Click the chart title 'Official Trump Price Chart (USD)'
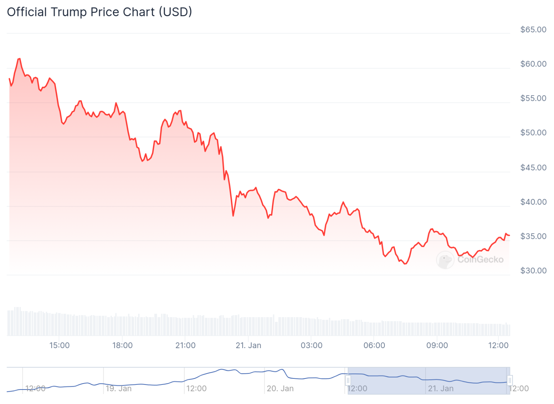pyautogui.click(x=100, y=12)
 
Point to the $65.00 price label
pyautogui.click(x=533, y=30)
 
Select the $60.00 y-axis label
pyautogui.click(x=533, y=64)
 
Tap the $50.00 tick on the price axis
pyautogui.click(x=533, y=133)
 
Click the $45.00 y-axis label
pyautogui.click(x=533, y=168)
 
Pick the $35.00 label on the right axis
pyautogui.click(x=533, y=236)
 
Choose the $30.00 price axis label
pyautogui.click(x=533, y=271)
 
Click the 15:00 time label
pyautogui.click(x=60, y=345)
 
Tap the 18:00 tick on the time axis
pyautogui.click(x=122, y=345)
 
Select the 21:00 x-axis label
pyautogui.click(x=185, y=345)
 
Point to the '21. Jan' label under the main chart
pyautogui.click(x=248, y=345)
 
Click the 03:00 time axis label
pyautogui.click(x=312, y=345)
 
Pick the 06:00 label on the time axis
pyautogui.click(x=374, y=345)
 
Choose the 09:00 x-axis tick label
pyautogui.click(x=437, y=345)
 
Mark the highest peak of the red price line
pyautogui.click(x=19, y=58)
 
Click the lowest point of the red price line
pyautogui.click(x=405, y=264)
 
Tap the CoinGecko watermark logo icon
pyautogui.click(x=445, y=259)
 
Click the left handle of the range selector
pyautogui.click(x=348, y=380)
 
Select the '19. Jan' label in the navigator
pyautogui.click(x=119, y=389)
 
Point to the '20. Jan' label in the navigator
pyautogui.click(x=280, y=389)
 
